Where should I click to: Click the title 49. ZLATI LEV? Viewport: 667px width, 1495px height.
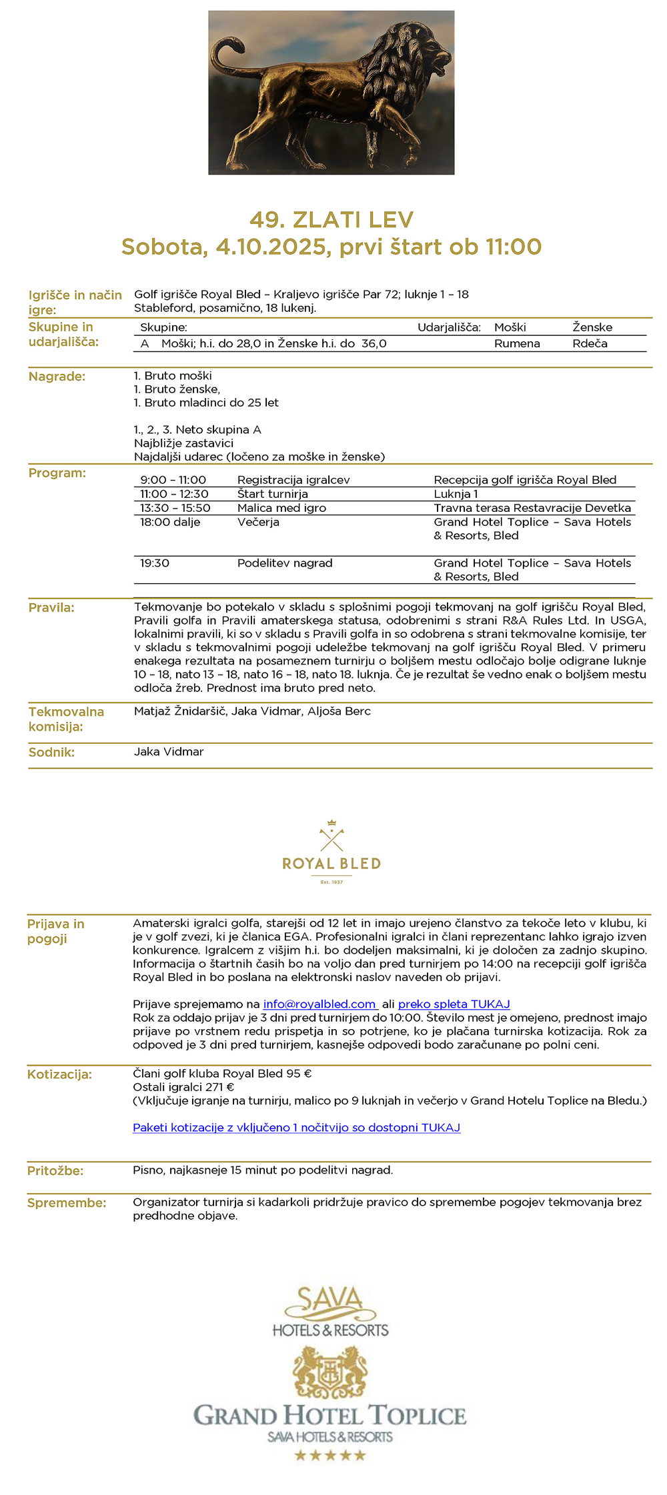(x=331, y=219)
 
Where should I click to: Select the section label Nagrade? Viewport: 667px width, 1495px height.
(x=57, y=377)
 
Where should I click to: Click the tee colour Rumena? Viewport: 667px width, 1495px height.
(x=517, y=343)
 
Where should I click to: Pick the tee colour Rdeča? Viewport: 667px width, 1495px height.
(x=590, y=343)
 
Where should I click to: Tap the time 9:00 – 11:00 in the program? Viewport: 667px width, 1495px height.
(x=173, y=480)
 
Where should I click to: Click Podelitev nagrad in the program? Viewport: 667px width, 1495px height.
(x=285, y=563)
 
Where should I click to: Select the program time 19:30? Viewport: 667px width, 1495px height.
(x=155, y=563)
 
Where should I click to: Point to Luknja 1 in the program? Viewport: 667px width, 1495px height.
(x=456, y=494)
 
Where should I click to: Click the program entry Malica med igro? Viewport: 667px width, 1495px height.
(x=281, y=508)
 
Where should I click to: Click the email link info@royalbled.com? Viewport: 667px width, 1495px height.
(x=320, y=1004)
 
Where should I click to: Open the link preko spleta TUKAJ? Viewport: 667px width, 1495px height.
(x=454, y=1004)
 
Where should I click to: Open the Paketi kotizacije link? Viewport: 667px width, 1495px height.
(x=296, y=1127)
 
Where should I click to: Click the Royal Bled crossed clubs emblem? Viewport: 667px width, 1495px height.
(x=331, y=836)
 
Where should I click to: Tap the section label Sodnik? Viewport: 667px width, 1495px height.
(x=51, y=752)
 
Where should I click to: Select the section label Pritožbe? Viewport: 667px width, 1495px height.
(x=55, y=1170)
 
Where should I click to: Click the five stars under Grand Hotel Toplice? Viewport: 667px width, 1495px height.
(x=330, y=1455)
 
